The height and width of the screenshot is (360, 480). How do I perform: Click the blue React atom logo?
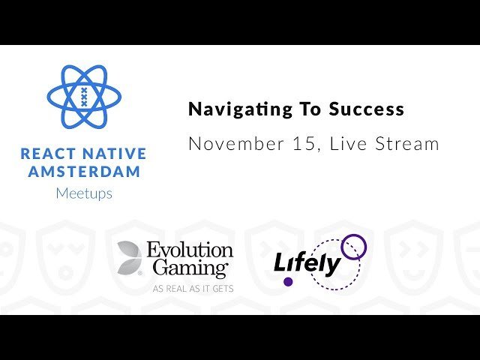[84, 97]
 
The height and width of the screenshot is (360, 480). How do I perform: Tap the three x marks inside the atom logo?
[84, 97]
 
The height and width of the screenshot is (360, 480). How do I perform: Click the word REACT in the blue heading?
[48, 154]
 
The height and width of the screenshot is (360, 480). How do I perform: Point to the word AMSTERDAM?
[84, 172]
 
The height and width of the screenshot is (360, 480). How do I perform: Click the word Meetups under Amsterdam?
[84, 193]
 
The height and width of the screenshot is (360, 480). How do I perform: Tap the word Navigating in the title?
[241, 109]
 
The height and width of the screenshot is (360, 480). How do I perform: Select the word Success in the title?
[367, 109]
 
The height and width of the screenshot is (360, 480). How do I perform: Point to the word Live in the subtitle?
[348, 143]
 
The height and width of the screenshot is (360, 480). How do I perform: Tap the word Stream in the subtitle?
[407, 143]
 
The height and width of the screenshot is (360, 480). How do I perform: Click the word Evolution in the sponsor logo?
[190, 250]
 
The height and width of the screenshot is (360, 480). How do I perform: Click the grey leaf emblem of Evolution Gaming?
[129, 257]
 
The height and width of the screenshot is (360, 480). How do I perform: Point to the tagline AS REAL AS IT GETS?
[193, 289]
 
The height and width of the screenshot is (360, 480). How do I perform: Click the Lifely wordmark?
[307, 263]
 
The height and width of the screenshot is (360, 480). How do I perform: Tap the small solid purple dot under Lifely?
[288, 282]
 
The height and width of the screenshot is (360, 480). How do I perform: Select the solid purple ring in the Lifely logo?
[353, 235]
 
